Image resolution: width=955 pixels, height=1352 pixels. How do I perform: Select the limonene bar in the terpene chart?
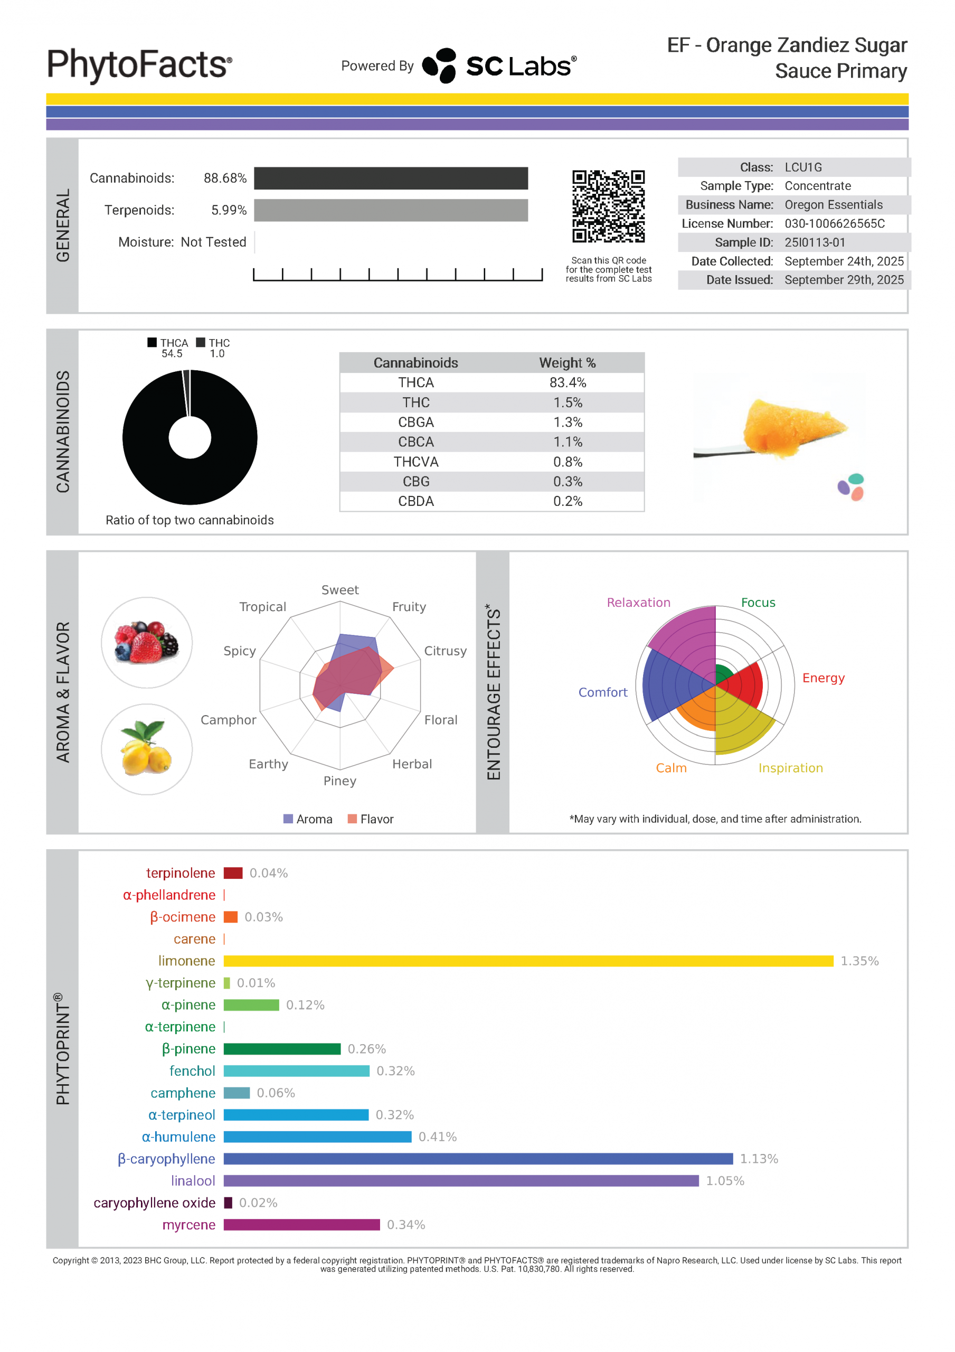click(528, 961)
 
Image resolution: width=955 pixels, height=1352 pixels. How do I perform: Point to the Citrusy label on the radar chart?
click(445, 651)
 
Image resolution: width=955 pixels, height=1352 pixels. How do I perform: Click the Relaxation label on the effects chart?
click(638, 603)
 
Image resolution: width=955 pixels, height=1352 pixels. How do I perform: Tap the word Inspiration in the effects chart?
click(790, 768)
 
